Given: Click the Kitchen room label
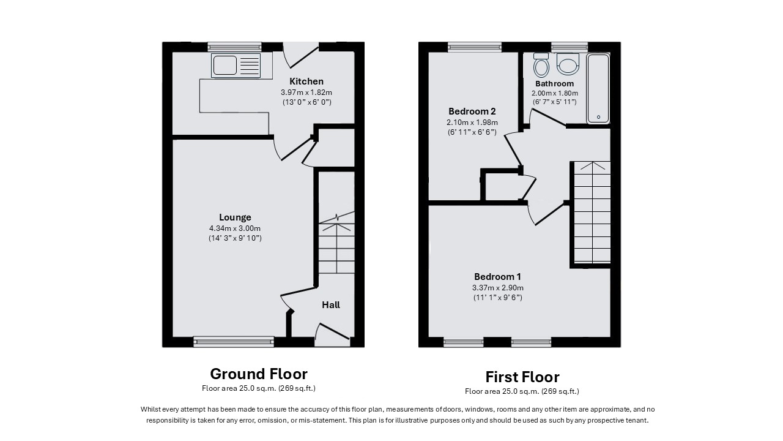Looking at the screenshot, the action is [x=306, y=81].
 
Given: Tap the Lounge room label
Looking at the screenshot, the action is [x=235, y=217].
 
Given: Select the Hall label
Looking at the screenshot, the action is [x=331, y=305].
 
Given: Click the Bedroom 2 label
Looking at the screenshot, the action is [x=472, y=111].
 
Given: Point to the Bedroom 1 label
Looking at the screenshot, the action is [x=497, y=277].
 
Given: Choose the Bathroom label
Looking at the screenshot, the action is [x=554, y=84].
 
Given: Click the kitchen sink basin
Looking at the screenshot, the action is [x=225, y=65].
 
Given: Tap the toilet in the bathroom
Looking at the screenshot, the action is [x=541, y=65].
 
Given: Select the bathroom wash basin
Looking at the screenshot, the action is [x=568, y=64].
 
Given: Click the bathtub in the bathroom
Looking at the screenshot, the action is [x=598, y=89].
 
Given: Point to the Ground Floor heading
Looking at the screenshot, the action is [x=259, y=374].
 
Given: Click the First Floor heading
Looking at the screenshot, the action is [x=522, y=377].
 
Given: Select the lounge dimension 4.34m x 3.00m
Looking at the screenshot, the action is [x=235, y=228].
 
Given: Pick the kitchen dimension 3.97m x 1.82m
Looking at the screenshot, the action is [x=306, y=92].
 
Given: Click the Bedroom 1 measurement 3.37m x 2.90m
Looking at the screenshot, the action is [x=498, y=288].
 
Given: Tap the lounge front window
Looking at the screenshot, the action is [x=234, y=342].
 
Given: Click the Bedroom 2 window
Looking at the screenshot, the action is [x=475, y=47].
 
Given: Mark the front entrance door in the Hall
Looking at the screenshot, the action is [x=332, y=335].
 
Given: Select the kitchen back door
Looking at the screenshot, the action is [x=301, y=55].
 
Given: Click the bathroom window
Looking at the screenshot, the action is [x=570, y=47].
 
